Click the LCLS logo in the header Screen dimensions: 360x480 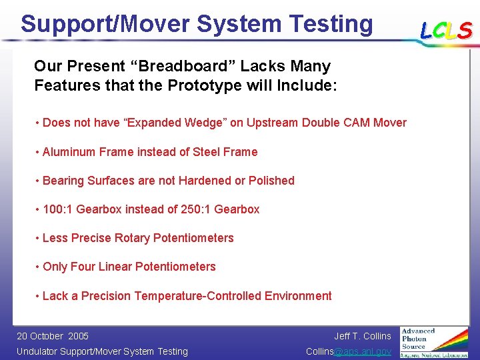(x=446, y=31)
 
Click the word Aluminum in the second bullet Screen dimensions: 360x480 (x=70, y=152)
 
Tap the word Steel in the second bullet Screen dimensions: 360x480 (x=207, y=152)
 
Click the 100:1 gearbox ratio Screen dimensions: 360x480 (x=58, y=209)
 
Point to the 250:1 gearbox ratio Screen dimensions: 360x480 (x=196, y=209)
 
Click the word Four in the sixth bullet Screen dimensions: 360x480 (x=83, y=267)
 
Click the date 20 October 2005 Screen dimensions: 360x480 (x=53, y=336)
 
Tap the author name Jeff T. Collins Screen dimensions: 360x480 (x=363, y=336)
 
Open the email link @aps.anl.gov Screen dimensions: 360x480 (x=363, y=351)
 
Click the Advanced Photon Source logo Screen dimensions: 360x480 (x=434, y=341)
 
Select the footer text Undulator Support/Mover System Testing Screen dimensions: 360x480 (x=102, y=351)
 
